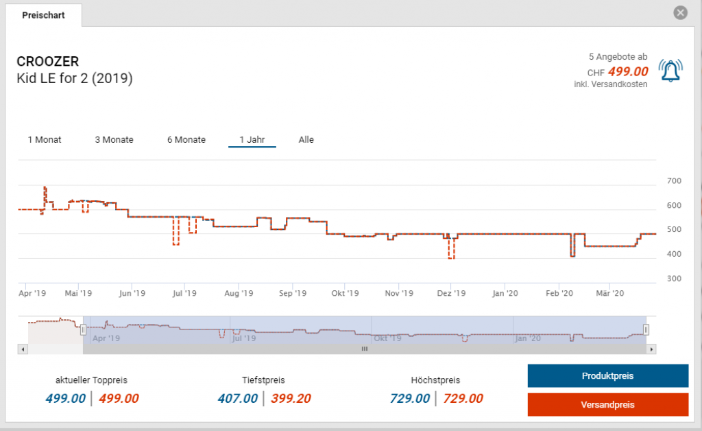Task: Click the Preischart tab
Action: (43, 15)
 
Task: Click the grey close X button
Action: (680, 12)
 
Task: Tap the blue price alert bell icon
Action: (670, 71)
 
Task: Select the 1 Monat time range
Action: (45, 139)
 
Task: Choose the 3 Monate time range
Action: (114, 139)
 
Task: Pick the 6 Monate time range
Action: (186, 139)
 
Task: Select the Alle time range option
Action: (306, 139)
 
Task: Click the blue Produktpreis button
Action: (607, 376)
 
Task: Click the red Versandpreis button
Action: (607, 404)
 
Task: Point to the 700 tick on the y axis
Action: (675, 181)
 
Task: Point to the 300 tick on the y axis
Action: (675, 279)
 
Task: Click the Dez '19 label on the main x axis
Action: (451, 293)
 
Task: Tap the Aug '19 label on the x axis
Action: (239, 293)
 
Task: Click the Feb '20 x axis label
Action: (559, 293)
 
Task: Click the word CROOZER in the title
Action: (47, 62)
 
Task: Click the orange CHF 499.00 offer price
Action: (627, 71)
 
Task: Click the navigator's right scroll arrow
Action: (651, 349)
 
